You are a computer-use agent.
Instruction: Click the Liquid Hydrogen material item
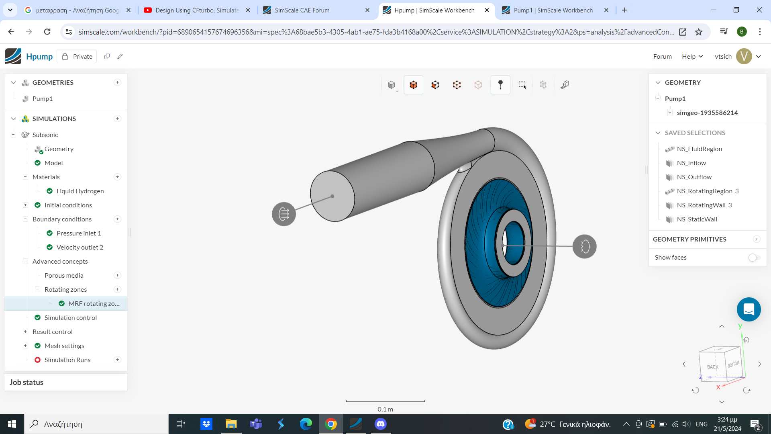80,191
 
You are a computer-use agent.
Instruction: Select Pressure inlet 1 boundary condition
78,233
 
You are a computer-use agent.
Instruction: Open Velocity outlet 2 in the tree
80,247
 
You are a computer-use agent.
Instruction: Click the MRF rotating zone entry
94,303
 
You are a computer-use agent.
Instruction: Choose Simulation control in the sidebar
70,317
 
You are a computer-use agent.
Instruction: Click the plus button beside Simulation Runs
117,360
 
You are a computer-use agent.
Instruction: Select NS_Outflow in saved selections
694,177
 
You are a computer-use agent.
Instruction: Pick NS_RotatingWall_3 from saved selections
704,205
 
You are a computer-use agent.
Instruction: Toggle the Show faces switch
754,257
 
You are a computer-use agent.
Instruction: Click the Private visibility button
77,56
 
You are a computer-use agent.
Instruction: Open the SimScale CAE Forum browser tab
302,10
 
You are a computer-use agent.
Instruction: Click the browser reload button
47,32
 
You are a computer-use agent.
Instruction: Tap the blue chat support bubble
749,309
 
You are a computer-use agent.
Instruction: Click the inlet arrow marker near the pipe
284,214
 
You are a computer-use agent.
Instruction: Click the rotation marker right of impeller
584,246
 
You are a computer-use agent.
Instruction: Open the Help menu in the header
692,56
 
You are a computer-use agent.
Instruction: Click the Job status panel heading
27,382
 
